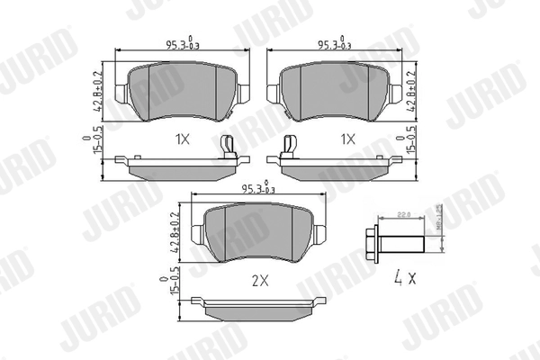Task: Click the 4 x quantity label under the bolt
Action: coord(403,277)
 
